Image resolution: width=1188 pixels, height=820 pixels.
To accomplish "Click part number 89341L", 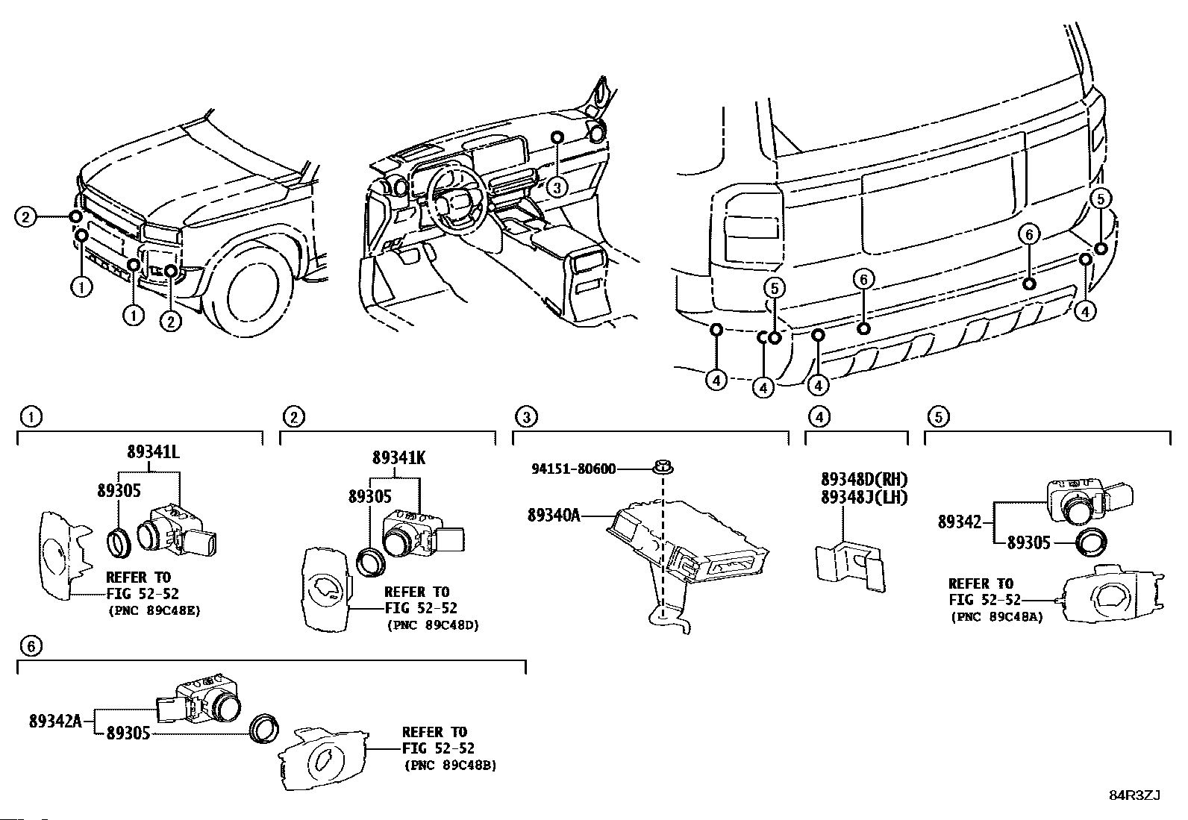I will pyautogui.click(x=153, y=452).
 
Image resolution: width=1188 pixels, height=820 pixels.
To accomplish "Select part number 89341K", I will pyautogui.click(x=399, y=458).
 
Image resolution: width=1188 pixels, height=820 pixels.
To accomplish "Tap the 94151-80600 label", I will pyautogui.click(x=574, y=469).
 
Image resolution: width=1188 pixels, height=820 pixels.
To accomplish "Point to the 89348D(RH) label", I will pyautogui.click(x=864, y=480).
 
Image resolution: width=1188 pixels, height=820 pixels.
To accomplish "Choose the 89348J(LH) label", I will pyautogui.click(x=864, y=498).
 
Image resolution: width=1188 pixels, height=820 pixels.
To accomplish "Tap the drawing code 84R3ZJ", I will pyautogui.click(x=1134, y=795).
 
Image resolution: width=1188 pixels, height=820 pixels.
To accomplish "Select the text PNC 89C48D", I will pyautogui.click(x=432, y=625).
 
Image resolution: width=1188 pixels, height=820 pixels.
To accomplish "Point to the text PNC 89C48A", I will pyautogui.click(x=996, y=617).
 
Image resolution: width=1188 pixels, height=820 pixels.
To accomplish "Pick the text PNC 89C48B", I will pyautogui.click(x=450, y=766).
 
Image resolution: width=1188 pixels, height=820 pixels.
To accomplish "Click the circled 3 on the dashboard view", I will pyautogui.click(x=556, y=187).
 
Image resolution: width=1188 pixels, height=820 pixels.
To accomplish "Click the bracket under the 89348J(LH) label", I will pyautogui.click(x=851, y=564).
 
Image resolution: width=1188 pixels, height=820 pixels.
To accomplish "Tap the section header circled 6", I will pyautogui.click(x=30, y=646).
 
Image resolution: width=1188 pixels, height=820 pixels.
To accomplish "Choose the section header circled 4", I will pyautogui.click(x=819, y=417).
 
